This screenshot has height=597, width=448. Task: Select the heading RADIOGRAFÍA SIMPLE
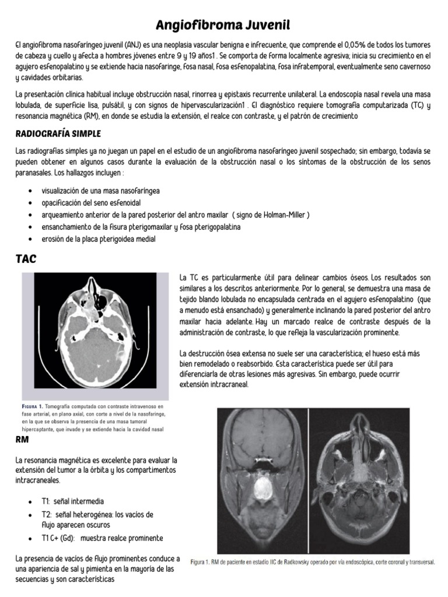pyautogui.click(x=58, y=134)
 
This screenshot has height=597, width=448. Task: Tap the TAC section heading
pyautogui.click(x=26, y=259)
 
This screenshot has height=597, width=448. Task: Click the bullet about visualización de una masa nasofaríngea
pyautogui.click(x=100, y=191)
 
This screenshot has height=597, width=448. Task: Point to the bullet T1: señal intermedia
pyautogui.click(x=73, y=501)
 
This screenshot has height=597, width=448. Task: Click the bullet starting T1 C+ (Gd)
pyautogui.click(x=102, y=538)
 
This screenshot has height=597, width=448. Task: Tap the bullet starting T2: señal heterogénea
pyautogui.click(x=97, y=515)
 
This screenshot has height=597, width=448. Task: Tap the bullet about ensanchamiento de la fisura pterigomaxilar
pyautogui.click(x=141, y=227)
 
